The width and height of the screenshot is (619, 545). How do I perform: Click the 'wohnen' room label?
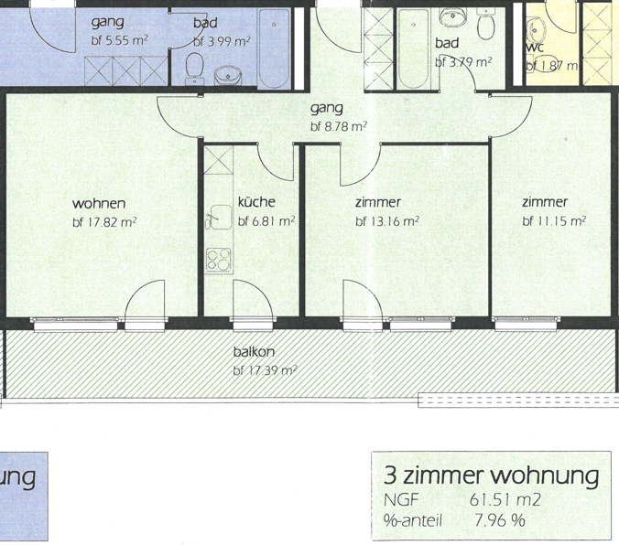point(99,203)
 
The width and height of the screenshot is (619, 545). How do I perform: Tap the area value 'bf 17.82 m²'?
point(104,221)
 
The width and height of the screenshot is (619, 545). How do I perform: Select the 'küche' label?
point(256,203)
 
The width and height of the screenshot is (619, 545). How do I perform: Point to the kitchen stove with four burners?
point(218,259)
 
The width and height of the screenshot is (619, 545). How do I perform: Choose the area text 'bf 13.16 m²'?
point(387,221)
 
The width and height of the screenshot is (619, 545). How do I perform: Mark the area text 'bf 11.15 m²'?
point(554,221)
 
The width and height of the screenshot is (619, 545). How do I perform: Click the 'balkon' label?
point(255,352)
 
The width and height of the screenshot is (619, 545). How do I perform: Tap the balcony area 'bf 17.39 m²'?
point(265,370)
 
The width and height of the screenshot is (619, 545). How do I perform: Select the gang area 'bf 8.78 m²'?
point(339,127)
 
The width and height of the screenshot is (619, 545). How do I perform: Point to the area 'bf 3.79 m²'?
point(463,63)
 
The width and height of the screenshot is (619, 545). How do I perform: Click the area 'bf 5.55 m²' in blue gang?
point(120,40)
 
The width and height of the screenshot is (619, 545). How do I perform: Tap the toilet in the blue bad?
point(194,66)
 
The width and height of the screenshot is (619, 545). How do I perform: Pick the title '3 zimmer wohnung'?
point(491,476)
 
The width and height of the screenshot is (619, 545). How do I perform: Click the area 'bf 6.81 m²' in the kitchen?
point(266,221)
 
